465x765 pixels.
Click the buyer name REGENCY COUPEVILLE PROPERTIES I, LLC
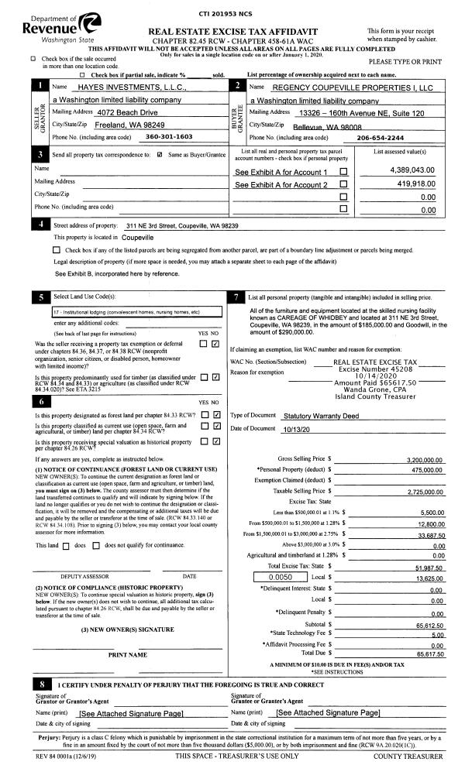[341, 87]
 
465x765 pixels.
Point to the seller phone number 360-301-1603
[169, 136]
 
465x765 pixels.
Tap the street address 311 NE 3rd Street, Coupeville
[182, 225]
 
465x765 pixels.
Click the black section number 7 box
[236, 297]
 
